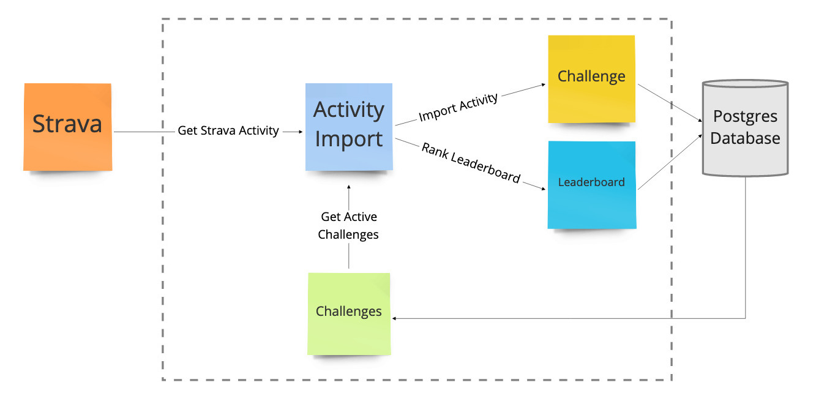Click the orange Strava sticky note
(68, 127)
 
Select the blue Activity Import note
(349, 127)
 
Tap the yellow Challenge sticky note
(591, 79)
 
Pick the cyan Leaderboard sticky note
(592, 185)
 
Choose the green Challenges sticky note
(349, 313)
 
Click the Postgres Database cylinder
(746, 128)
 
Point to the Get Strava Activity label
(228, 130)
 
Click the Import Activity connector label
(458, 107)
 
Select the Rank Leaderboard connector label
(471, 162)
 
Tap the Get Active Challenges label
(349, 225)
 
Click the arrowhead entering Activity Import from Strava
(301, 132)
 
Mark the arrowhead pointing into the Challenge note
(543, 84)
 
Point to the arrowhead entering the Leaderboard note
(543, 189)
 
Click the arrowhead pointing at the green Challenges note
(394, 318)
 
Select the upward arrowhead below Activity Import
(349, 187)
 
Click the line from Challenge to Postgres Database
(670, 103)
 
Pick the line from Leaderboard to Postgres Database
(670, 162)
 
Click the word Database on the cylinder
(745, 138)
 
